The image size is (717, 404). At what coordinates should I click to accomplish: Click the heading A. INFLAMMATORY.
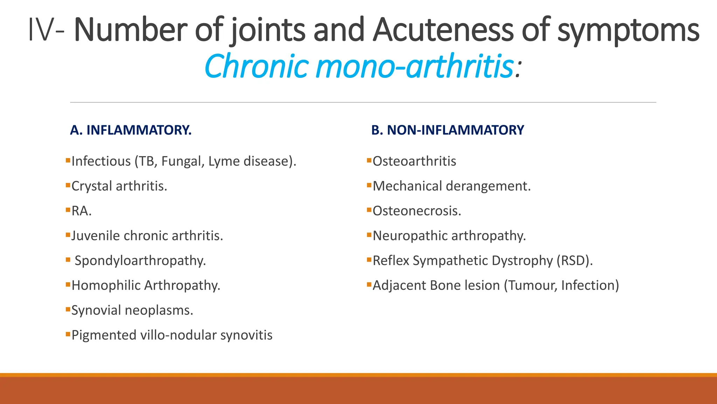(131, 130)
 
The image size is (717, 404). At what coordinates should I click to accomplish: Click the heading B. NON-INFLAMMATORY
(447, 130)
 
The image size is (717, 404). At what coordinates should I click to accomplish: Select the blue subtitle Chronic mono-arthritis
(358, 66)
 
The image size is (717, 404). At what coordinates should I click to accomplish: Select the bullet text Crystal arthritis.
(119, 186)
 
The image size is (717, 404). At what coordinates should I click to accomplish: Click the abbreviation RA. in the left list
(81, 211)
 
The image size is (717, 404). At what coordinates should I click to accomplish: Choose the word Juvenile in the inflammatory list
(96, 236)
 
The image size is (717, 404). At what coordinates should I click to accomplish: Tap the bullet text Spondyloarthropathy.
(140, 261)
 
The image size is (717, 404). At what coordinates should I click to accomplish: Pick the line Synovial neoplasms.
(132, 310)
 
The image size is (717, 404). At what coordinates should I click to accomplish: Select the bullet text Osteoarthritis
(414, 161)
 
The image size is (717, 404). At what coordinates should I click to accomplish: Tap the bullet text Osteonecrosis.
(417, 211)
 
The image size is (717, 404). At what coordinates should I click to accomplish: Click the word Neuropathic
(408, 236)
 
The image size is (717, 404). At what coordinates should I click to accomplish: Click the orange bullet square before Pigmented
(68, 334)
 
